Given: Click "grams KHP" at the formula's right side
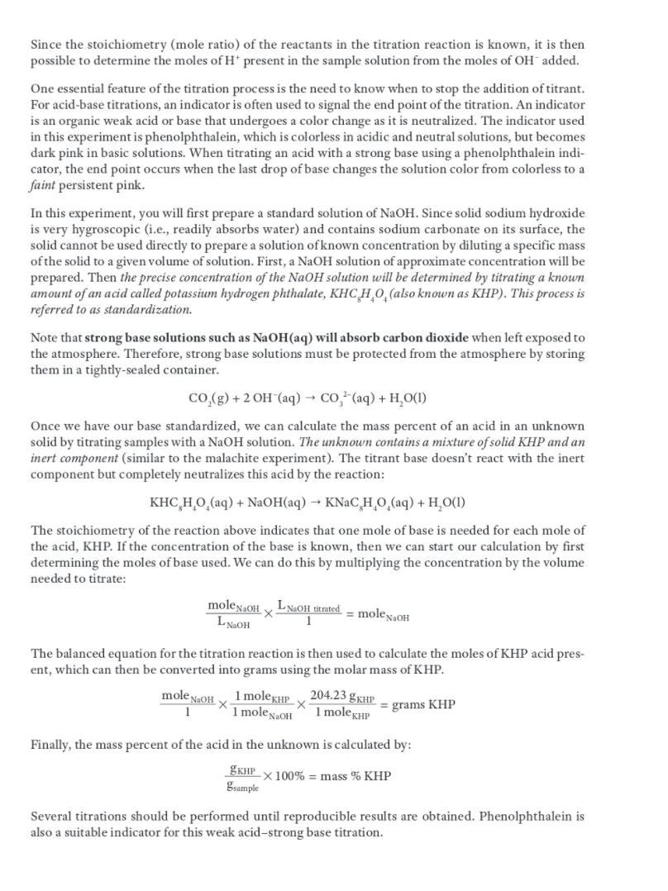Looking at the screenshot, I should tap(423, 705).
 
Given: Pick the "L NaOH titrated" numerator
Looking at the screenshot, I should tap(306, 607).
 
